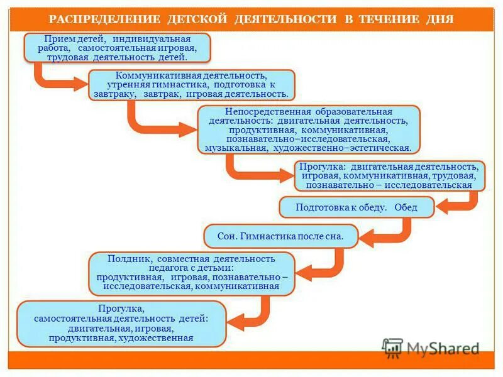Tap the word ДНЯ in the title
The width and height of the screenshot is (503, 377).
click(x=439, y=18)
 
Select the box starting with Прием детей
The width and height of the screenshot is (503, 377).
click(x=117, y=48)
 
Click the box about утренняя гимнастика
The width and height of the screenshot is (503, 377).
click(x=192, y=85)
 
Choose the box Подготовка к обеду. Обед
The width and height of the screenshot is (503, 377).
click(x=357, y=207)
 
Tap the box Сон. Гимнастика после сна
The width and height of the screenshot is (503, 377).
click(x=280, y=236)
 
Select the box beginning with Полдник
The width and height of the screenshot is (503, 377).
click(x=192, y=274)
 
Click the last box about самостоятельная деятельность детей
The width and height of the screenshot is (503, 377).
click(x=121, y=324)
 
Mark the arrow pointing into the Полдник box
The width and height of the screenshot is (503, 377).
click(x=321, y=267)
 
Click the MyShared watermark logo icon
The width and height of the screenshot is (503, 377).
click(x=393, y=347)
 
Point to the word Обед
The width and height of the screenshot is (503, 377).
click(x=406, y=207)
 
